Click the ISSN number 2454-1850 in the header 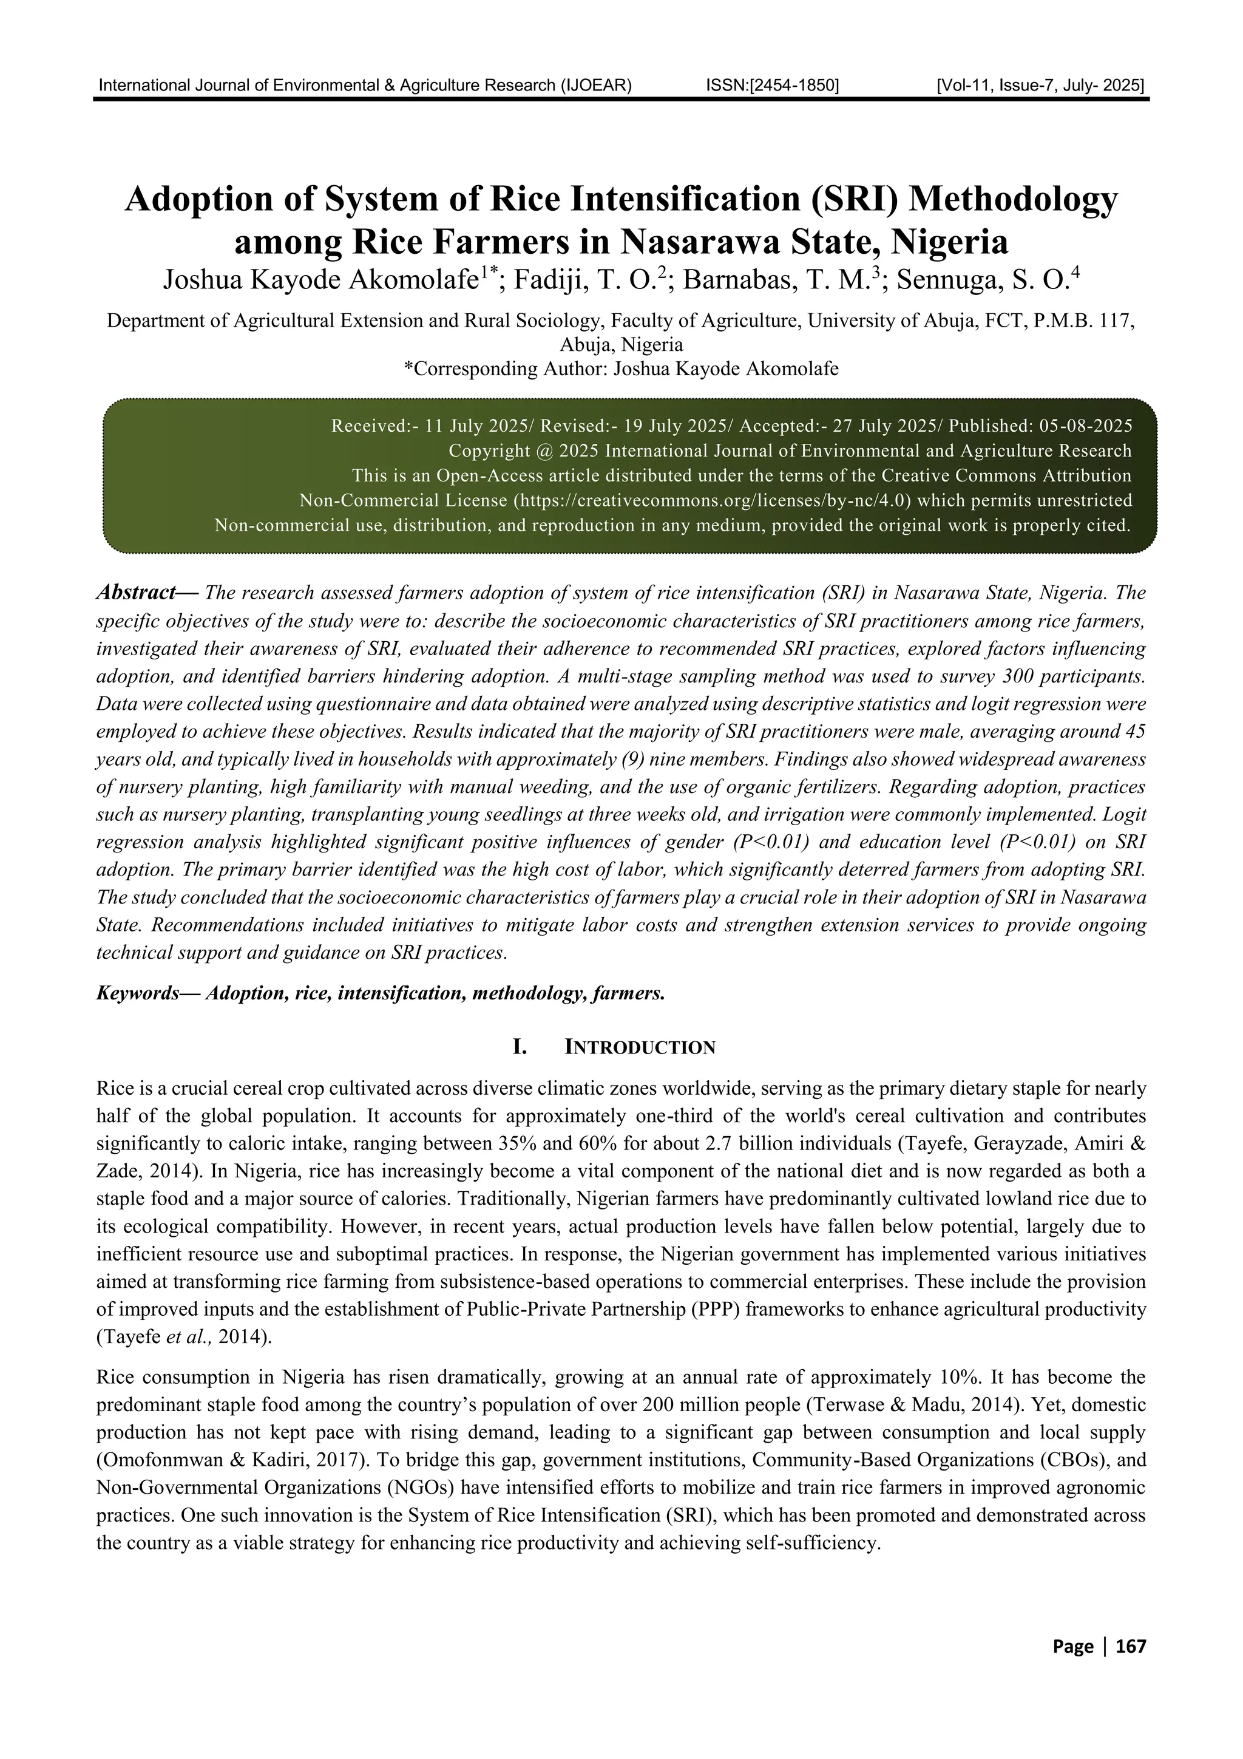click(x=772, y=85)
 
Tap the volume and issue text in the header click(x=1040, y=85)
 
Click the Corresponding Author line click(x=621, y=369)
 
